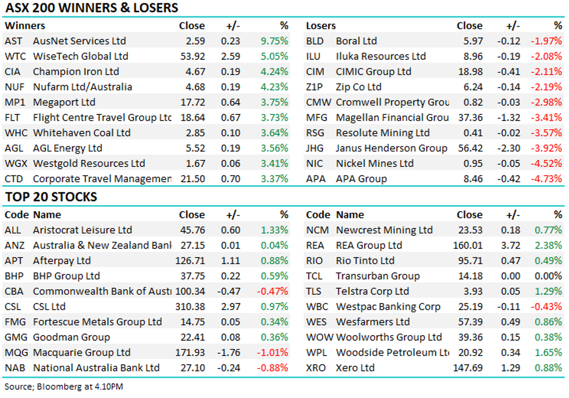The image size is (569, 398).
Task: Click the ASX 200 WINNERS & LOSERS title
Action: tap(91, 8)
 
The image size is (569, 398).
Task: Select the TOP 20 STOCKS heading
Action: tap(50, 197)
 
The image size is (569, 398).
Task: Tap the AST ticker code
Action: tap(13, 41)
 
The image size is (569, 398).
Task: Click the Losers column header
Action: tap(321, 26)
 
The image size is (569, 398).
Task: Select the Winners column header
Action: tap(24, 26)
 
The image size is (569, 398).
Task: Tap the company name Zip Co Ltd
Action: tap(358, 87)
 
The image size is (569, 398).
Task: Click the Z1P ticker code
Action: tap(315, 87)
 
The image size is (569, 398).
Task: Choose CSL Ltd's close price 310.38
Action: tap(189, 307)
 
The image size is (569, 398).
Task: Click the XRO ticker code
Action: tap(316, 368)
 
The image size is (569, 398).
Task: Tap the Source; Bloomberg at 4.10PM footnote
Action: tap(64, 386)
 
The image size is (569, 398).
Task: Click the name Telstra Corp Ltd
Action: tap(372, 291)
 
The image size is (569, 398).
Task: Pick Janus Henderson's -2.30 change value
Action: tap(507, 148)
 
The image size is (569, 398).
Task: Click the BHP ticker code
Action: tap(13, 276)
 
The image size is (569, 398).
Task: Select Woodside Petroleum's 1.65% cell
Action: tap(549, 353)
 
